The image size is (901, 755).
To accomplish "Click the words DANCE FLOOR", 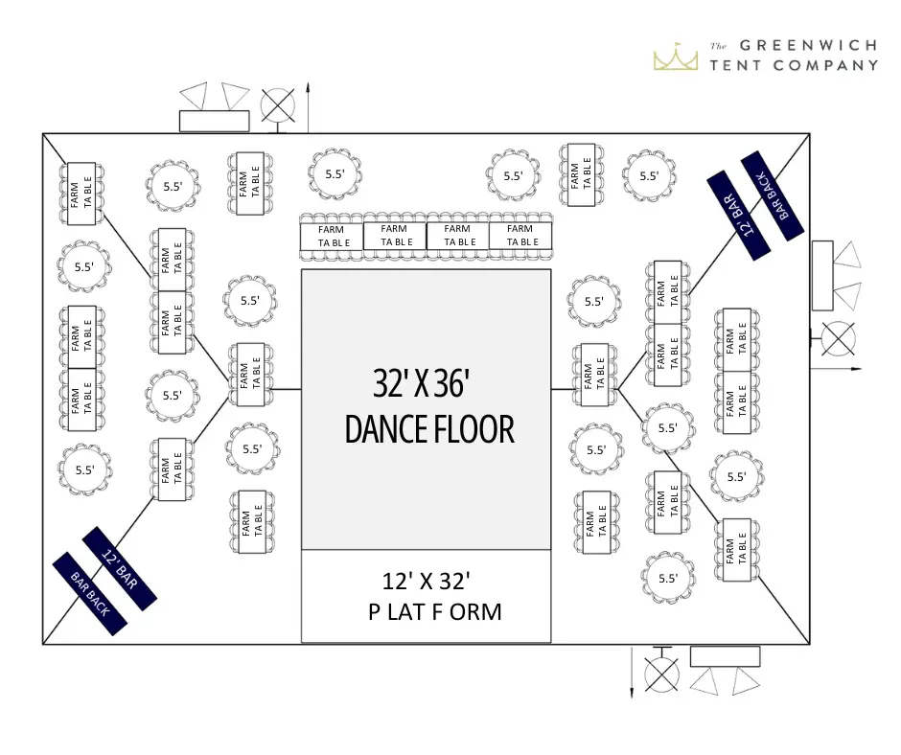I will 429,429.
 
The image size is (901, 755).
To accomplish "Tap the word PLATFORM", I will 434,611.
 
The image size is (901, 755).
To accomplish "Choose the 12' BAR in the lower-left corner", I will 120,568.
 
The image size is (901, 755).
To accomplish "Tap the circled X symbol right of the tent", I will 840,339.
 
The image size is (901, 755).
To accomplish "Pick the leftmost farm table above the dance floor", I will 332,236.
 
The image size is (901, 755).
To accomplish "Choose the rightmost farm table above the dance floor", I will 521,236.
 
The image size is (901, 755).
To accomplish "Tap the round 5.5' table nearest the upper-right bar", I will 650,175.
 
